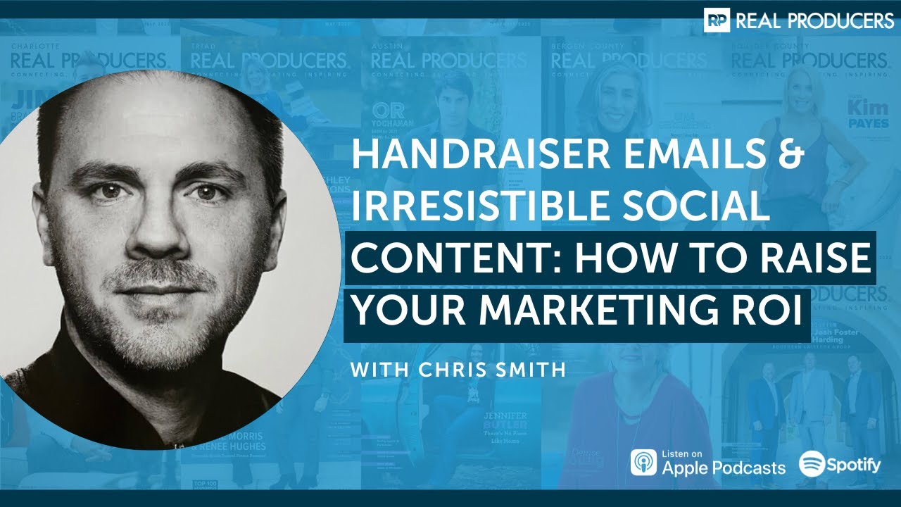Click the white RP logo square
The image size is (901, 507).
[x=717, y=21]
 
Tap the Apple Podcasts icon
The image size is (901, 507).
[x=643, y=462]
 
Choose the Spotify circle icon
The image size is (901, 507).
[x=812, y=463]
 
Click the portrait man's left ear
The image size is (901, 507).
[x=280, y=211]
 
